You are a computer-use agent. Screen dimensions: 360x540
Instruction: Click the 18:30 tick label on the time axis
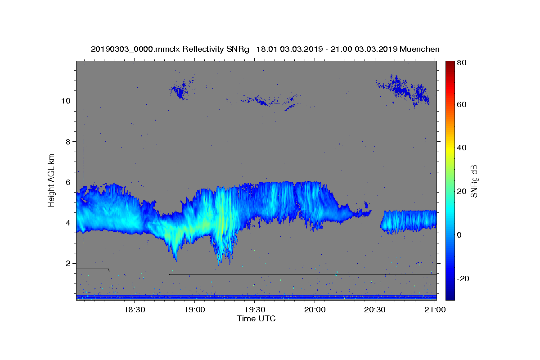point(134,310)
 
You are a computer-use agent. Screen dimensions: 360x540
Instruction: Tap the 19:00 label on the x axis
point(194,310)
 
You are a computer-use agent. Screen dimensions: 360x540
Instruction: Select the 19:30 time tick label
point(254,310)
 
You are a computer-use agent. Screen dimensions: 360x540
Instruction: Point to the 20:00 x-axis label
point(315,310)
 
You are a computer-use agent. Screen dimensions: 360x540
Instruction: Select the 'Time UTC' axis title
point(256,319)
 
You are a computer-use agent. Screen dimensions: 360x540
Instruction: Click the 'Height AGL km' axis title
point(52,180)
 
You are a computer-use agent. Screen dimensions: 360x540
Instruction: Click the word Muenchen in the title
point(418,49)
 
